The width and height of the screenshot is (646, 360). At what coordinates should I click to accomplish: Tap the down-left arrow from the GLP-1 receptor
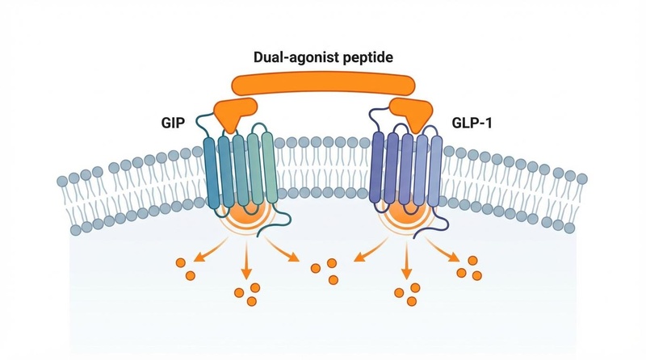click(363, 252)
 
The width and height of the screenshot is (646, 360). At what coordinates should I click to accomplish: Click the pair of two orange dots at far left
click(185, 269)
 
